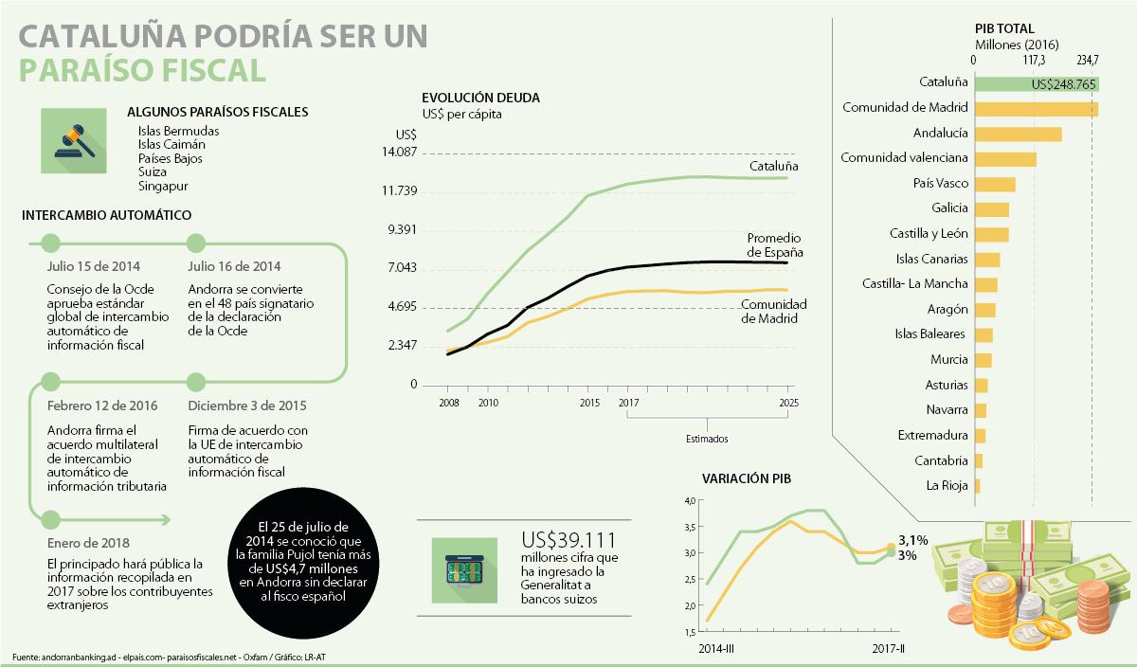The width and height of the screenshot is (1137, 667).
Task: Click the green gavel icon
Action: [74, 141]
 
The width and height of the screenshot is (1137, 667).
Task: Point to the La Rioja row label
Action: [947, 486]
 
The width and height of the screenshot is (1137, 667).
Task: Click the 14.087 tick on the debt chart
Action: [399, 153]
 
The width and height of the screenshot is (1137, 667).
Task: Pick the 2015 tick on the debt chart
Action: [589, 403]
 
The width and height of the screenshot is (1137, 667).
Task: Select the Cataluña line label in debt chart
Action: [774, 166]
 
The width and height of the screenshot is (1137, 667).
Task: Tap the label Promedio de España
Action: [774, 245]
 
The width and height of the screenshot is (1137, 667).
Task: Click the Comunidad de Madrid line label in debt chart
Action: [773, 311]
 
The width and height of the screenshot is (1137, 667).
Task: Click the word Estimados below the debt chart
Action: [707, 439]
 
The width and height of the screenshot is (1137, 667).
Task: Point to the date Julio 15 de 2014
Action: [92, 266]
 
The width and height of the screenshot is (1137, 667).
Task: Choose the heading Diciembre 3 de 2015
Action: [246, 406]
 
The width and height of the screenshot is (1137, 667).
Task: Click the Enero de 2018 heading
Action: [89, 543]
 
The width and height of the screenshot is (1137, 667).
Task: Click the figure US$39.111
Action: [569, 540]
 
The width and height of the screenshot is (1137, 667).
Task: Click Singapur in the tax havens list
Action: [163, 186]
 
